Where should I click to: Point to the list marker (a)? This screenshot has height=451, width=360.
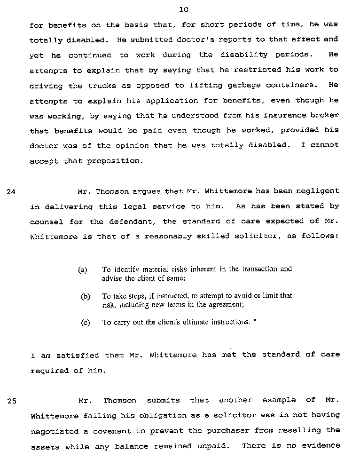pos(83,269)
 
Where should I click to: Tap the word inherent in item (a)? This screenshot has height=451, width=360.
pos(204,269)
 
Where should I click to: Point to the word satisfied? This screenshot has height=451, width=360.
pos(78,355)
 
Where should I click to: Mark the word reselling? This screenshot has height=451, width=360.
pos(299,431)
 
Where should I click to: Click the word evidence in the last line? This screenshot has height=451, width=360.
pos(320,446)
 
